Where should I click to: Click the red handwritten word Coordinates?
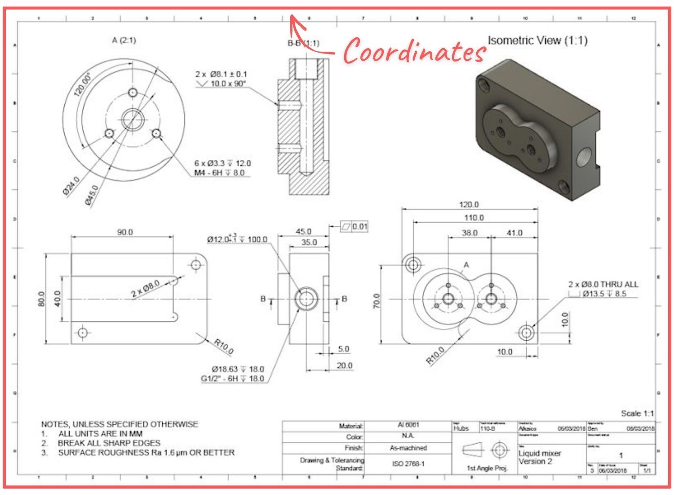click(414, 50)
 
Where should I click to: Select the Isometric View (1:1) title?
click(537, 40)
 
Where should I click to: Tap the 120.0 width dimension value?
click(469, 205)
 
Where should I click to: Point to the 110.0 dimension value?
click(474, 218)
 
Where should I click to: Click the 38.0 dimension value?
click(469, 233)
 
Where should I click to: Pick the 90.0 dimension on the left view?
click(125, 232)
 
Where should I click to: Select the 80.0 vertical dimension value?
click(41, 299)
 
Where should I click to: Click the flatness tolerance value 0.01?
click(360, 226)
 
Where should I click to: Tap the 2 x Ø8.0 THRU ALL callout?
click(603, 284)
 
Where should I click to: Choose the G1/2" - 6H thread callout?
click(232, 379)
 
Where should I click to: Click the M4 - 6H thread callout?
click(219, 173)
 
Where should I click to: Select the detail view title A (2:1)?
click(124, 40)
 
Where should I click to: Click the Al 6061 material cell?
click(408, 425)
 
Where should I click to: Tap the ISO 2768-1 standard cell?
click(408, 463)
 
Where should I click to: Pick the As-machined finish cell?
click(408, 448)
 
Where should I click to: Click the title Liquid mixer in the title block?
click(540, 453)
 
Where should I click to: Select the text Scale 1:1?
click(637, 413)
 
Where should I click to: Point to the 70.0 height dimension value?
click(377, 301)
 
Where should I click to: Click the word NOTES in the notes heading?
click(54, 424)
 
